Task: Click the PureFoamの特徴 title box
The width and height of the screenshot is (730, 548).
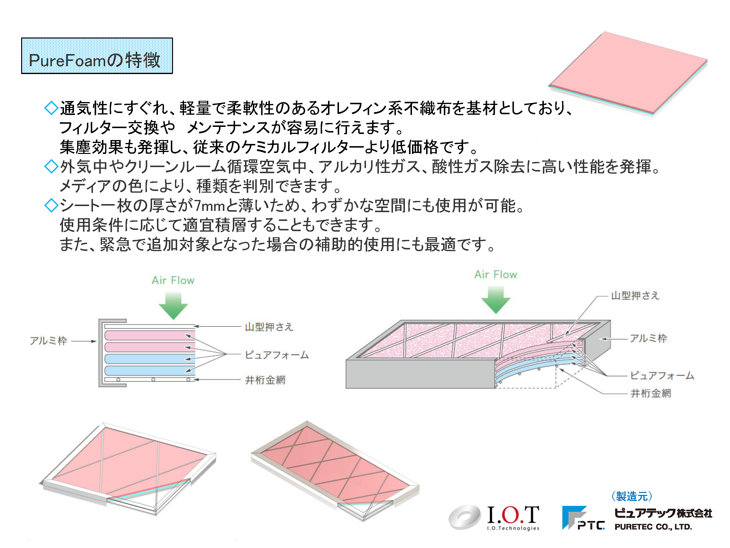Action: click(97, 56)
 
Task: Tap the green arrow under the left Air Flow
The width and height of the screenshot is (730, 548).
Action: click(173, 306)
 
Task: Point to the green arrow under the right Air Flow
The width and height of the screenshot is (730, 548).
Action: click(496, 300)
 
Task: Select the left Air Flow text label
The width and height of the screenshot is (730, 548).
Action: click(173, 280)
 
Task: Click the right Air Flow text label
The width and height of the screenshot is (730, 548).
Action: click(496, 274)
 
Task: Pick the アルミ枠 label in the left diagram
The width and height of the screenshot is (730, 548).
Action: click(48, 340)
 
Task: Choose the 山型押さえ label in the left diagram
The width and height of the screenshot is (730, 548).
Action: click(269, 327)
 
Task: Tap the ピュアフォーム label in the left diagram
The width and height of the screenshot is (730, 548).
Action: click(277, 355)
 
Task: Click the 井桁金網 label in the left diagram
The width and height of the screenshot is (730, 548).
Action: click(265, 380)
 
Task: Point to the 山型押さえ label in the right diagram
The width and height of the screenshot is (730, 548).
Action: click(635, 295)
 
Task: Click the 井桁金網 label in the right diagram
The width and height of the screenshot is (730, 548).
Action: click(651, 393)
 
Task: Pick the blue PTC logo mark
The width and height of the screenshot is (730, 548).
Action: click(583, 518)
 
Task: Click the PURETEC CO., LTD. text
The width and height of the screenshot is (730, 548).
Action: click(653, 527)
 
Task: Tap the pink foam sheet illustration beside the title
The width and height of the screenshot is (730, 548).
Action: click(628, 73)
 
